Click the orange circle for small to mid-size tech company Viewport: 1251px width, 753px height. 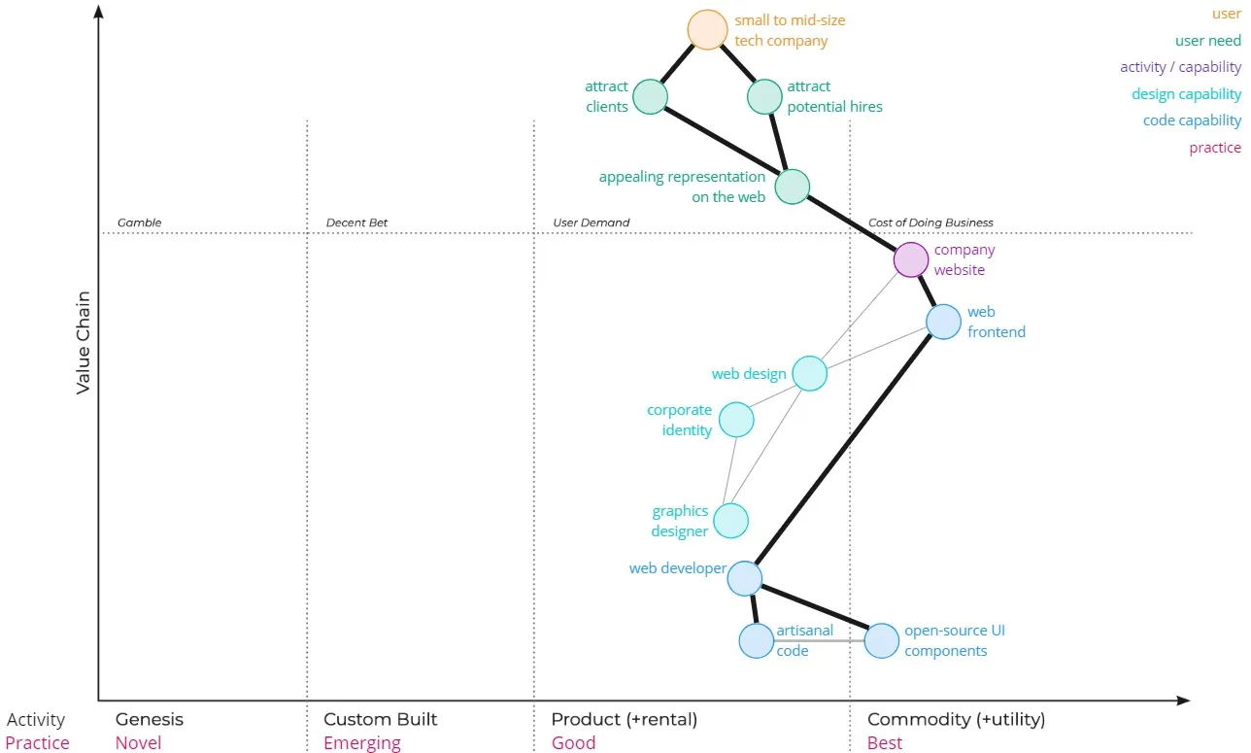pyautogui.click(x=707, y=29)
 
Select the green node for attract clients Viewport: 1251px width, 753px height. pyautogui.click(x=650, y=97)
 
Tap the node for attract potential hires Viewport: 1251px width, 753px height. pyautogui.click(x=764, y=97)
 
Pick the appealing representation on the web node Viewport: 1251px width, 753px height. pyautogui.click(x=793, y=187)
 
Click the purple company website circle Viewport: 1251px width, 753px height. pyautogui.click(x=911, y=259)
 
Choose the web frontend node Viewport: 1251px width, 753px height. pyautogui.click(x=943, y=322)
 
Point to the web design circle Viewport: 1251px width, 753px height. pyautogui.click(x=809, y=373)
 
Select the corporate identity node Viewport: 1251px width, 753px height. pyautogui.click(x=736, y=420)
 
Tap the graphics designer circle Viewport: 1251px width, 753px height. pyautogui.click(x=730, y=521)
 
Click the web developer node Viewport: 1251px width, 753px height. pyautogui.click(x=744, y=578)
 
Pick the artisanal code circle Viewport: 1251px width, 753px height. pyautogui.click(x=756, y=640)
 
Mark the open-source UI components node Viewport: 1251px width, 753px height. pyautogui.click(x=882, y=640)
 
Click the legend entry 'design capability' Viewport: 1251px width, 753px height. pyautogui.click(x=1186, y=94)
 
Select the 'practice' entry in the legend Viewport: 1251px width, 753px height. pyautogui.click(x=1215, y=148)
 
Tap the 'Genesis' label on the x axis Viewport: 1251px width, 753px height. pyautogui.click(x=149, y=719)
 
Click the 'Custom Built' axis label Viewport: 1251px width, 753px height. pyautogui.click(x=380, y=719)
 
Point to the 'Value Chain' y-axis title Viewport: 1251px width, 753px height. pyautogui.click(x=84, y=342)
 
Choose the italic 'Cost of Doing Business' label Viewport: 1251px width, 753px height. pyautogui.click(x=930, y=222)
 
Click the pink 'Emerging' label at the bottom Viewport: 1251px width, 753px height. pyautogui.click(x=361, y=743)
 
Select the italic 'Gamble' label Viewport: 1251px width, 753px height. pyautogui.click(x=139, y=222)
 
